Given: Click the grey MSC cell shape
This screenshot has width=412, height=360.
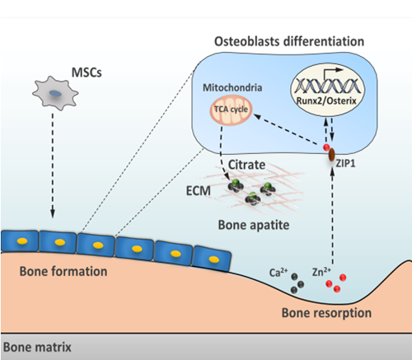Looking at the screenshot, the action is (55, 93).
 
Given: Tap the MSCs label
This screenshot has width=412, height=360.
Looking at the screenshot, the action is (87, 72).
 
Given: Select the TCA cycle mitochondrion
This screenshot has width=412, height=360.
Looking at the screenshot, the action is (231, 110).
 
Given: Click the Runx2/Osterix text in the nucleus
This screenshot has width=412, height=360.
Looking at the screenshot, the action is (326, 101).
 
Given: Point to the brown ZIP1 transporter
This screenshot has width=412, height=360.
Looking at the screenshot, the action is (332, 155).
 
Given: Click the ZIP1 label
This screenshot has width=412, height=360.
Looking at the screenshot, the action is (345, 164).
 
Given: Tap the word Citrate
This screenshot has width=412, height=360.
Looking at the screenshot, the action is (246, 165).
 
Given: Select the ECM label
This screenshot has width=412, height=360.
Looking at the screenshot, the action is (199, 191).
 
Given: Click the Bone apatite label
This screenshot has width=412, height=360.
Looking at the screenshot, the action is (254, 225).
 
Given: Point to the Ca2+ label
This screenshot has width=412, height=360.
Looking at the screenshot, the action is (279, 273).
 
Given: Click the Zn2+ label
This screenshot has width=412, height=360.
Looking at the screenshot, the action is (321, 272).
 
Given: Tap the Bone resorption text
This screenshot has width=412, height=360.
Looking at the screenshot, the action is (326, 313).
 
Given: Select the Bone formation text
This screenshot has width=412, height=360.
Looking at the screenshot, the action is (63, 271).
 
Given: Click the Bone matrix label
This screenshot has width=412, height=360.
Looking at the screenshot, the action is (37, 347).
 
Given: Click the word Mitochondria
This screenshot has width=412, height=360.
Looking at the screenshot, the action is (232, 87).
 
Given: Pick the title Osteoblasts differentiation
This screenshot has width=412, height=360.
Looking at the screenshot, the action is (289, 42).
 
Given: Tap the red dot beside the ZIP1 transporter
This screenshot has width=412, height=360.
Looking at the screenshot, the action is (326, 147).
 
